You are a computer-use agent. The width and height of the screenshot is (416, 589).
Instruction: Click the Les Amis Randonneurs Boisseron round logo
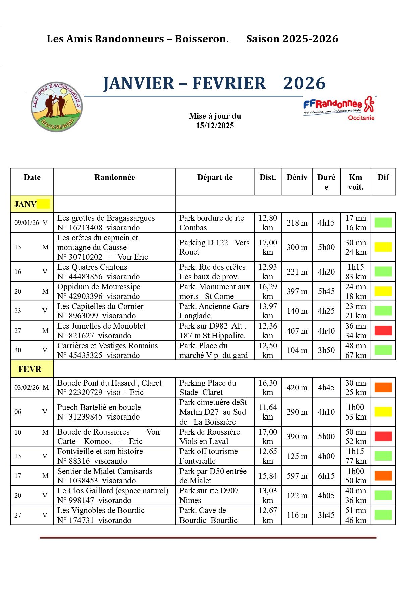click(56, 107)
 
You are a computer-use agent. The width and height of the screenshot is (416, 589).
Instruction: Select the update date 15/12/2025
click(215, 126)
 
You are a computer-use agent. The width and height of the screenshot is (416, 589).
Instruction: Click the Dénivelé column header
click(297, 178)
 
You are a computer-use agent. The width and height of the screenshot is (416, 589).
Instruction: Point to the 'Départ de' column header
click(215, 178)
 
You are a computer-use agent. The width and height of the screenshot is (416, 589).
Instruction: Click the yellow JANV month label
click(32, 204)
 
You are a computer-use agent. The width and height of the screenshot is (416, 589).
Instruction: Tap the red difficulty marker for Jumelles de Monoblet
click(383, 331)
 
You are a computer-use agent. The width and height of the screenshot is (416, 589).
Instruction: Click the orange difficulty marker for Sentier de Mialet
click(383, 476)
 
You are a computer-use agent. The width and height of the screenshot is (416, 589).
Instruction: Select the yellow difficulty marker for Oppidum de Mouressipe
click(383, 291)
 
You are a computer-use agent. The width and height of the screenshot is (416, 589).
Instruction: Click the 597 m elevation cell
click(297, 476)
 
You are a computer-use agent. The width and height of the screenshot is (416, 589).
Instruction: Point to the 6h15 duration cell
click(326, 476)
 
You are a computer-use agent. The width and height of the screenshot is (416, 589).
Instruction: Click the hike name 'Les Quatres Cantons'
click(92, 267)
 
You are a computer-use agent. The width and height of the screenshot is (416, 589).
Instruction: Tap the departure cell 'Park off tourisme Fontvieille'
click(208, 456)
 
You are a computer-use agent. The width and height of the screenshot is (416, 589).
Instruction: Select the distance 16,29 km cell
click(268, 291)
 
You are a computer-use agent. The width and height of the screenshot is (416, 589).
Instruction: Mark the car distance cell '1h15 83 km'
click(356, 272)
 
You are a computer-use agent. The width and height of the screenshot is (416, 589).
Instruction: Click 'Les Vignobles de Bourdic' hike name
click(101, 510)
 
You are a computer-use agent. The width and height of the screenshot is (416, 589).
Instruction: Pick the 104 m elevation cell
click(297, 350)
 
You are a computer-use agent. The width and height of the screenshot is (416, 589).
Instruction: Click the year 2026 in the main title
click(304, 83)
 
